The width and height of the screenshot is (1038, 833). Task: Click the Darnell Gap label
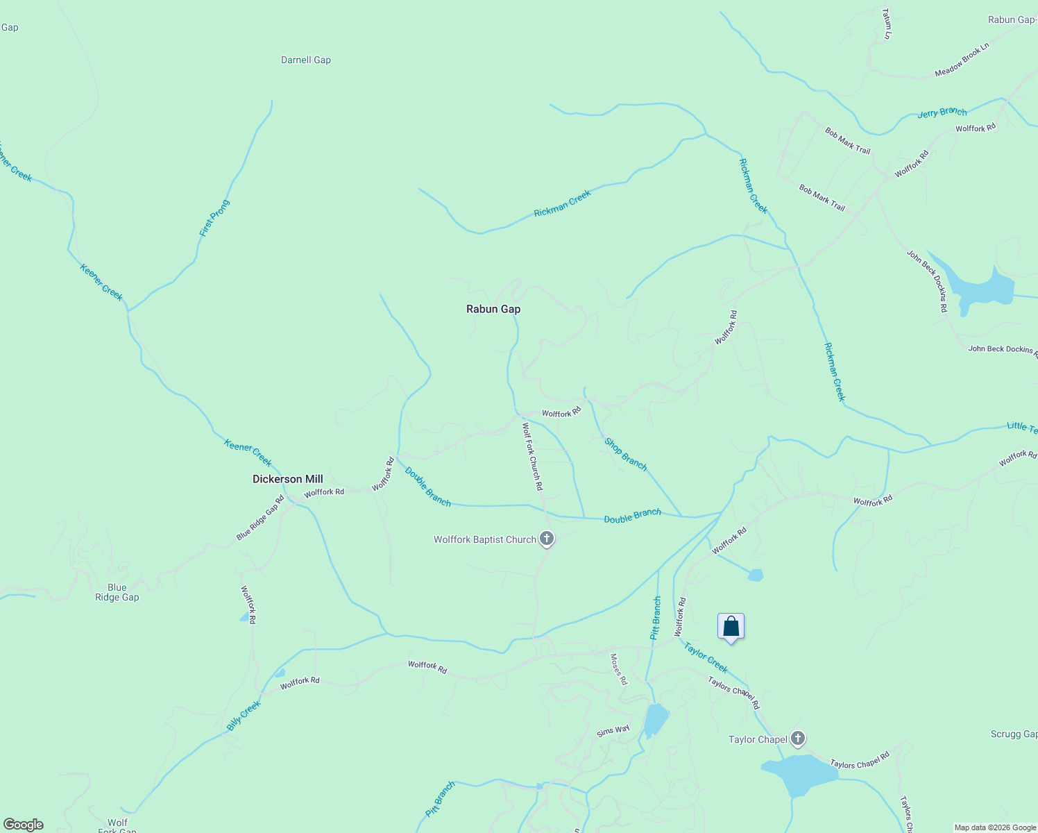coord(305,60)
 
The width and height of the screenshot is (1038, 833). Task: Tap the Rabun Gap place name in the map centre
coord(493,309)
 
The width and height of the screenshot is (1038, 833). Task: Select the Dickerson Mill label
coord(287,479)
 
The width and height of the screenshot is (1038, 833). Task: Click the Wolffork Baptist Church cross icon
coord(547,539)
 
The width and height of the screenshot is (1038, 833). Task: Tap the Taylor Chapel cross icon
coord(798,739)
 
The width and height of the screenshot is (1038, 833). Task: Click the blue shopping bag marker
coord(731,627)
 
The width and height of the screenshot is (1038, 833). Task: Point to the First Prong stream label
coord(214,219)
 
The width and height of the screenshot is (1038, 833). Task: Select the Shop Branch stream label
coord(625,454)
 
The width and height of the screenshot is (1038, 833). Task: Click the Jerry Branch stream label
coord(942,112)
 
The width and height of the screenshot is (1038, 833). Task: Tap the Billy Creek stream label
coord(244,715)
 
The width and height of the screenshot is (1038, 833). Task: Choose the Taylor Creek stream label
coord(706,657)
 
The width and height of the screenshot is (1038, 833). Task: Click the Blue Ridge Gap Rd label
coord(260,518)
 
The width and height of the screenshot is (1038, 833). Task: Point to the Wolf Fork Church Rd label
coord(532,456)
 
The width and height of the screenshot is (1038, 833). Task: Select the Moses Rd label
coord(618,669)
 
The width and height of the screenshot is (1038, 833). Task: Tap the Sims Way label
coord(613,730)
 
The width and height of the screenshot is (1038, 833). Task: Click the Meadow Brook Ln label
coord(961,60)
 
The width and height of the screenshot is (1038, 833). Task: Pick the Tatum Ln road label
coord(886,24)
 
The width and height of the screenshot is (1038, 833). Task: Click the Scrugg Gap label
coord(1014,734)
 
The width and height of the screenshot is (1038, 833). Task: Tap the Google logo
coord(23,825)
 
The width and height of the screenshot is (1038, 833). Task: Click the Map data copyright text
coord(995,827)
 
